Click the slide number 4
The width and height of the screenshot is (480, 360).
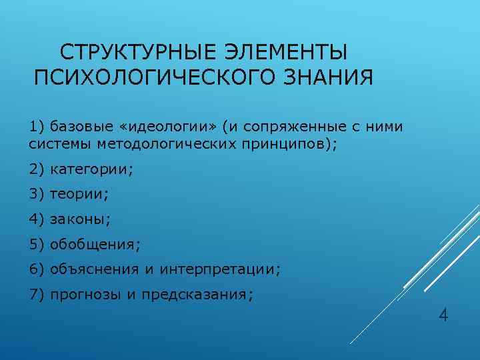443,315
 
